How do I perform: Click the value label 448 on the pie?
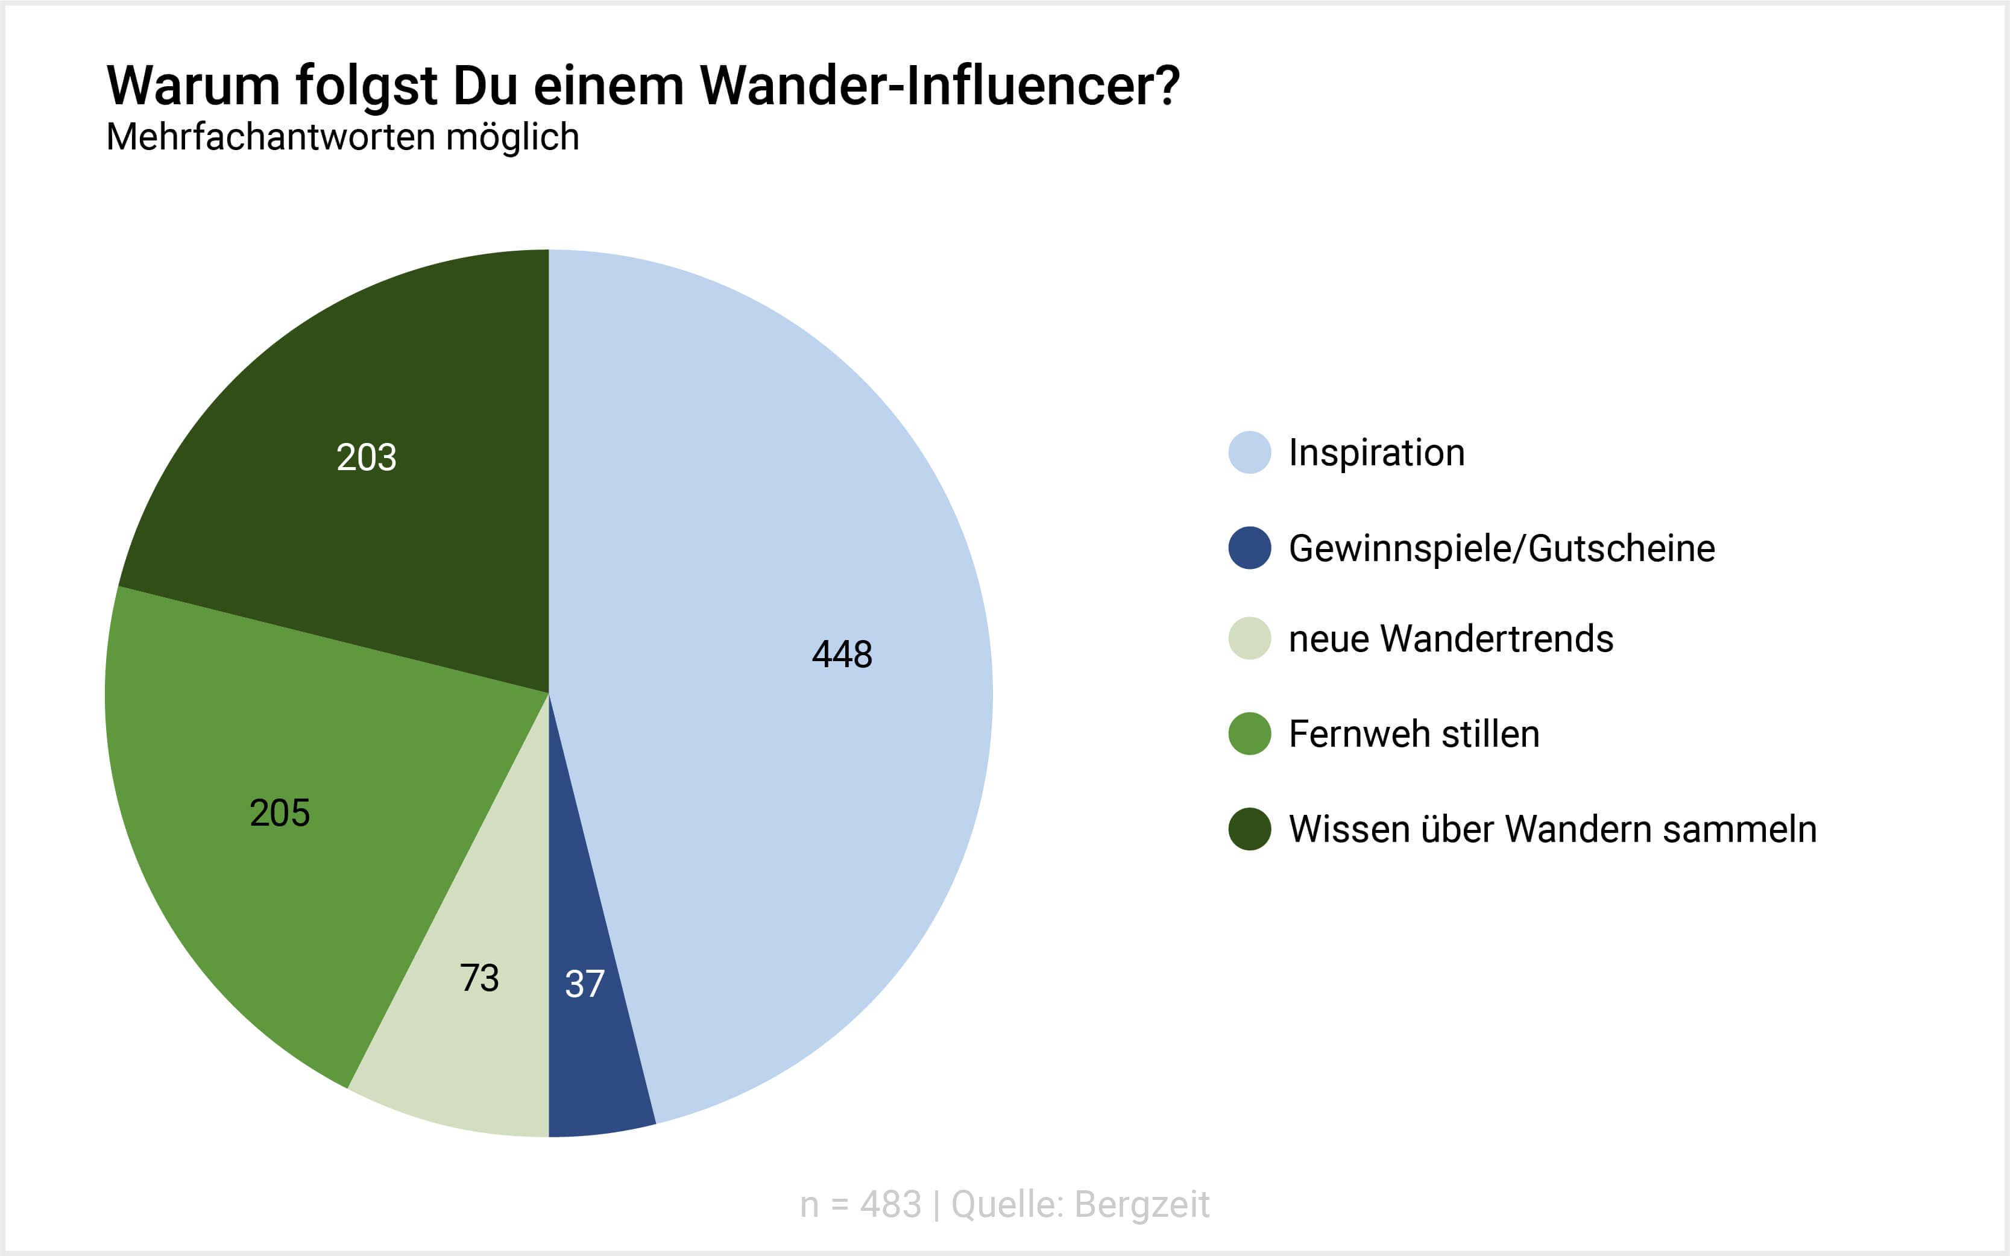tap(842, 654)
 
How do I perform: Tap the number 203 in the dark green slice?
tap(367, 457)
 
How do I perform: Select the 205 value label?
tap(280, 812)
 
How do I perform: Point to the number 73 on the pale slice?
tap(479, 978)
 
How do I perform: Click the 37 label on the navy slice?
tap(585, 984)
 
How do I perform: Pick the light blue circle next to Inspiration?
tap(1249, 453)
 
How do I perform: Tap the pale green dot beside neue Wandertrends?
tap(1249, 639)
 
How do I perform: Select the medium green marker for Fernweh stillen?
tap(1249, 733)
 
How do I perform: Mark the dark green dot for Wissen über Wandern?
tap(1249, 829)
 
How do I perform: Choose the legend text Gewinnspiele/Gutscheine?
tap(1502, 548)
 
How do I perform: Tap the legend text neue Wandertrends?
tap(1451, 639)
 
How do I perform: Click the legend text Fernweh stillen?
tap(1413, 733)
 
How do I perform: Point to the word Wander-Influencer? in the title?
tap(939, 86)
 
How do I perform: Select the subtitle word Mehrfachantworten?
tap(270, 137)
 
